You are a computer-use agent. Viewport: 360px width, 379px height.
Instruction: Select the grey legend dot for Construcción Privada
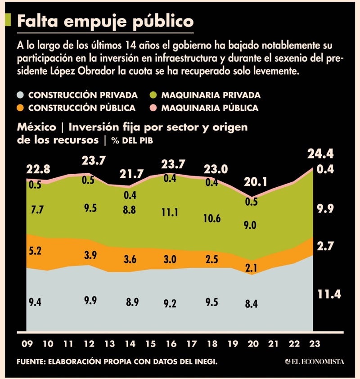click(x=20, y=95)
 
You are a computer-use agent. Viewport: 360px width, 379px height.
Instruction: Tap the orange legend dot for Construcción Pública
click(x=20, y=108)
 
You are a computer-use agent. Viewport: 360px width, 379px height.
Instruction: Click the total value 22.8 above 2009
click(x=38, y=170)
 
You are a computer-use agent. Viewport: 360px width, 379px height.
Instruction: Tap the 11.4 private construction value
click(x=329, y=295)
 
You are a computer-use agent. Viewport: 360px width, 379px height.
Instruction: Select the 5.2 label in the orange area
click(x=35, y=251)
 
